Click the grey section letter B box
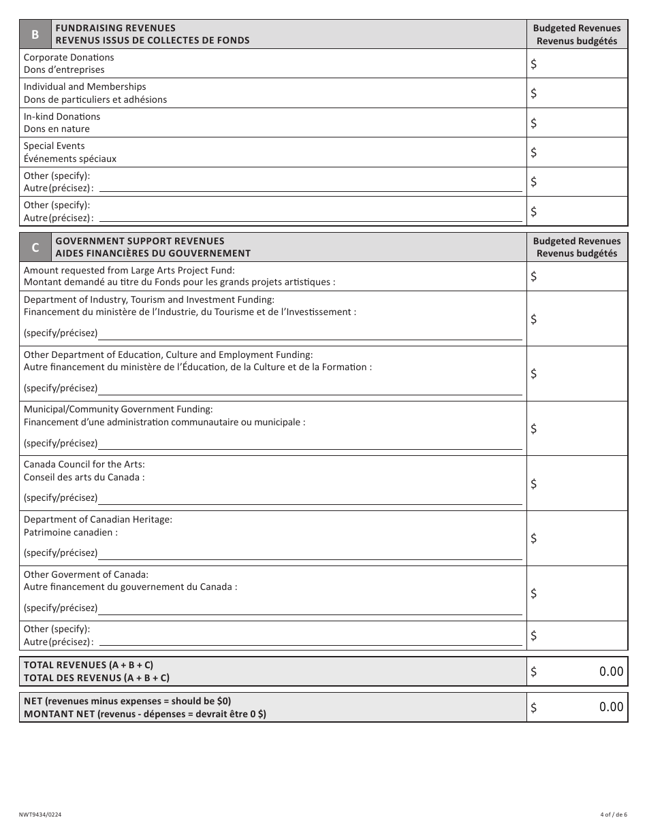[x=35, y=34]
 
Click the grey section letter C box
[x=35, y=248]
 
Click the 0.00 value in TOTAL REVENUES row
[x=610, y=672]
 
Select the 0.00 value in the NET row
[x=610, y=707]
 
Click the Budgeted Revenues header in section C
[x=577, y=247]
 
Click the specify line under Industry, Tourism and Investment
[x=310, y=334]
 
